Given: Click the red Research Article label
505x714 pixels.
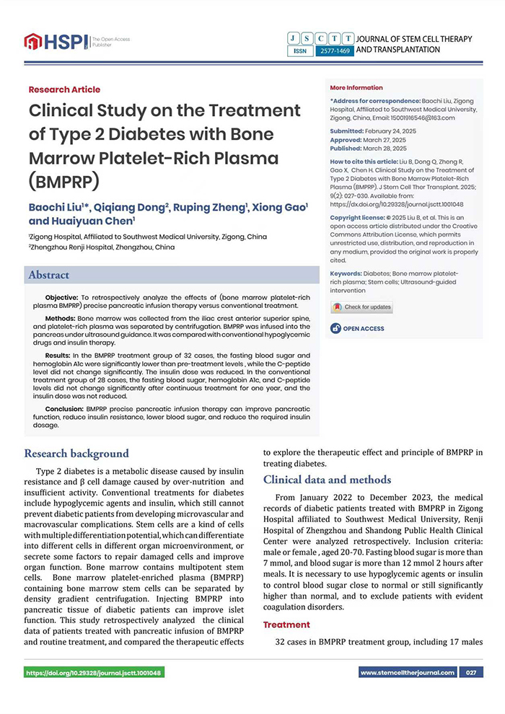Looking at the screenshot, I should coord(64,89).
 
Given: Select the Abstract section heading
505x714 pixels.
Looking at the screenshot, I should coord(49,275).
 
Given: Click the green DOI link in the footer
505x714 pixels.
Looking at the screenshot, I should coord(94,673).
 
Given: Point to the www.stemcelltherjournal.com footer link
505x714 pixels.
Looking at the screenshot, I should coord(408,673).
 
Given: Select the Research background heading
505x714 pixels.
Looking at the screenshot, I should coord(76,454).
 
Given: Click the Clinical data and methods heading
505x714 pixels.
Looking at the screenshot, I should coord(327,480).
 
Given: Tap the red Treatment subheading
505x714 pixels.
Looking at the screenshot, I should coord(286,625).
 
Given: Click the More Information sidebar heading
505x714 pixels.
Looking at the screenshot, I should coord(356,88).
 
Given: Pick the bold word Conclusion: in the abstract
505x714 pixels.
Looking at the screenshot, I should coord(65,407).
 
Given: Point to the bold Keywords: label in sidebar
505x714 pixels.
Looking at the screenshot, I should coord(346,274).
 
